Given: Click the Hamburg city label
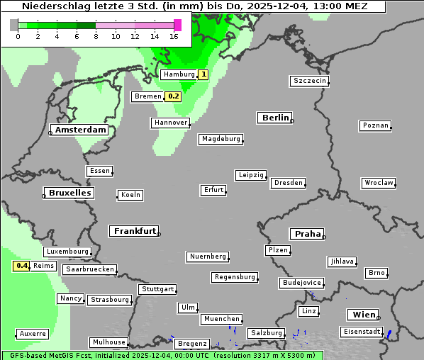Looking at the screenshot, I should click(x=178, y=74).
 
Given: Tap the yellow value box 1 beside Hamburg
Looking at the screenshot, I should click(x=203, y=74).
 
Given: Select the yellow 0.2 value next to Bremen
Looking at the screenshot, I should click(x=174, y=96).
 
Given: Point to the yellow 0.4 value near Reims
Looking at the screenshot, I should click(x=22, y=266).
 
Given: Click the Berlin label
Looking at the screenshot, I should click(x=275, y=118).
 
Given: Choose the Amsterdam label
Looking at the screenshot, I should click(x=80, y=130).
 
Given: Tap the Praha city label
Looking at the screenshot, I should click(x=307, y=234).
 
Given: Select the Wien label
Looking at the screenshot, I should click(x=362, y=315).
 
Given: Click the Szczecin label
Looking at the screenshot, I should click(x=310, y=81).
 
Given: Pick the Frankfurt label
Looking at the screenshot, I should click(x=134, y=231).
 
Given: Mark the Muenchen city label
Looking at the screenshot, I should click(x=221, y=319).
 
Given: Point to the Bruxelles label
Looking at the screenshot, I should click(x=69, y=193).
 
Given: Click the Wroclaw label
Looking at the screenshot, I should click(x=378, y=183).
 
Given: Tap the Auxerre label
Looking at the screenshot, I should click(x=33, y=333).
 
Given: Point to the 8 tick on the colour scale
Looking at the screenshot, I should click(x=95, y=36).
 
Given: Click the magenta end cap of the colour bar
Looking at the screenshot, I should click(x=177, y=25).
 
